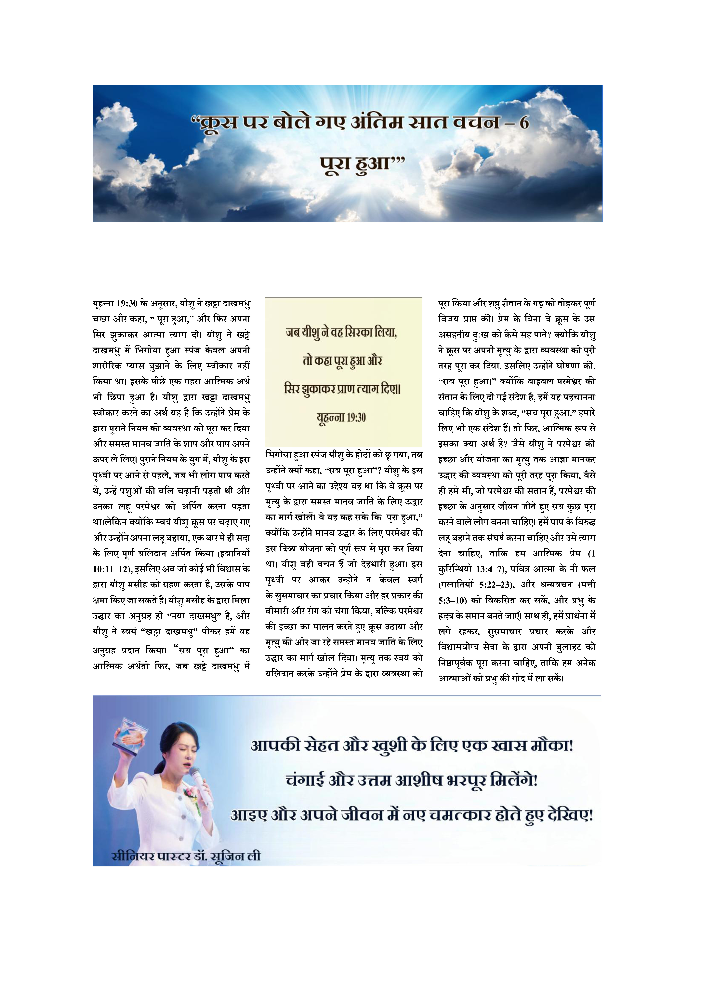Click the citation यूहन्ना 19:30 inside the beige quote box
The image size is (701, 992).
(x=341, y=418)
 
